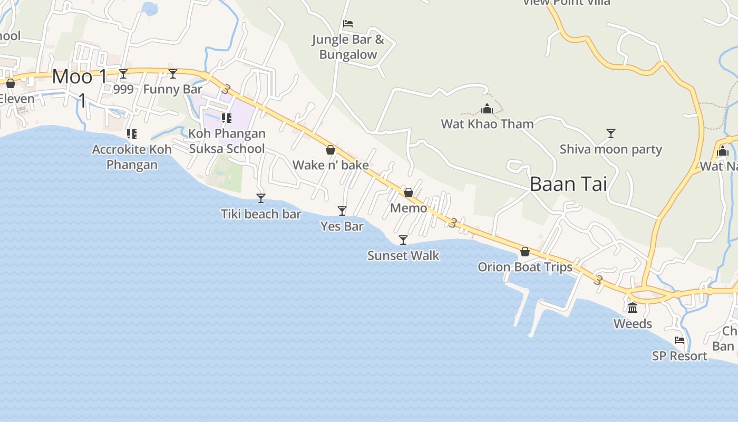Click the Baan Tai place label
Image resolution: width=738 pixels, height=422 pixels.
coord(568,184)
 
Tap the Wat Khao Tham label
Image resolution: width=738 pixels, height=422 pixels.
coord(487,124)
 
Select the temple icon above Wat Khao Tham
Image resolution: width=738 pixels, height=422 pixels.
coord(487,109)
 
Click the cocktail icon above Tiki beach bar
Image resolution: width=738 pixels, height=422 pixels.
coord(260,198)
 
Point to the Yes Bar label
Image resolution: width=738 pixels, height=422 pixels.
coord(342,226)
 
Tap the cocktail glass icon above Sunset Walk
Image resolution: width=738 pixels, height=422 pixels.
coord(403,240)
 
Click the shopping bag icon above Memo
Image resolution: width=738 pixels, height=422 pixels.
coord(409,193)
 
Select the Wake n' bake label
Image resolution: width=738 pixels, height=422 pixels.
coord(331,165)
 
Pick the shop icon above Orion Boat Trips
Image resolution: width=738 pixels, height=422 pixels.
coord(525,252)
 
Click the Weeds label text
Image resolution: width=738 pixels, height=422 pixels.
coord(633,324)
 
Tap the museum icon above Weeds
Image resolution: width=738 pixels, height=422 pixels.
coord(633,308)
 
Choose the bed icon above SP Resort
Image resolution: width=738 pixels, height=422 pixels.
coord(679,341)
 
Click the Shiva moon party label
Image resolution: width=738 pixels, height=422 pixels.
coord(610,149)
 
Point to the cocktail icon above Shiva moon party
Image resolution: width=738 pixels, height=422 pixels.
coord(611,133)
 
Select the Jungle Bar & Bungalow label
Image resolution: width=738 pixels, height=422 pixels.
coord(348,47)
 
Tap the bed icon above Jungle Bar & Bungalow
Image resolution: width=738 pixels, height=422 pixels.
coord(348,24)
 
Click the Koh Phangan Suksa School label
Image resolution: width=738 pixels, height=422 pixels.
coord(227,141)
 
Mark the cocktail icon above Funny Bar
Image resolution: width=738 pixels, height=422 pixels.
coord(173,74)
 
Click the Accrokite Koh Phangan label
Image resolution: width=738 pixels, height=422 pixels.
coord(132,157)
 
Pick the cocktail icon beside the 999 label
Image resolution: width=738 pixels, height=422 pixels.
coord(123,74)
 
